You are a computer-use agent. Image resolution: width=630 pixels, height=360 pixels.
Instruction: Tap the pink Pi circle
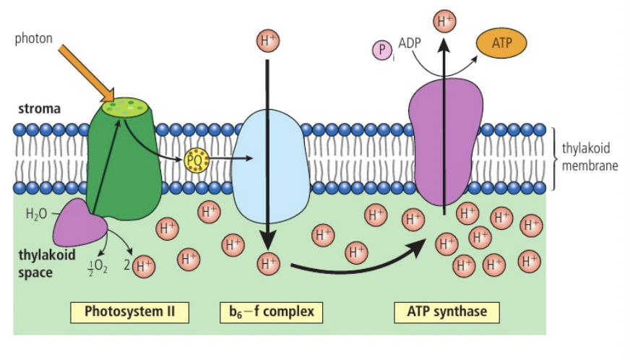click(382, 51)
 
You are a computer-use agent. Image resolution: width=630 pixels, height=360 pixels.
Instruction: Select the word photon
click(33, 38)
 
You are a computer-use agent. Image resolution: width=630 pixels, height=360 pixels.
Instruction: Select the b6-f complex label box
click(270, 312)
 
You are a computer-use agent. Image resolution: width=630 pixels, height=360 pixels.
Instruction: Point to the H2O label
click(36, 214)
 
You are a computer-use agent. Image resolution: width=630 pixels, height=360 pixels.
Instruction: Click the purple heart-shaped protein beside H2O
click(79, 224)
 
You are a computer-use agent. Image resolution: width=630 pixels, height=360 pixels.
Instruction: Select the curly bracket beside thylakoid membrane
click(554, 159)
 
